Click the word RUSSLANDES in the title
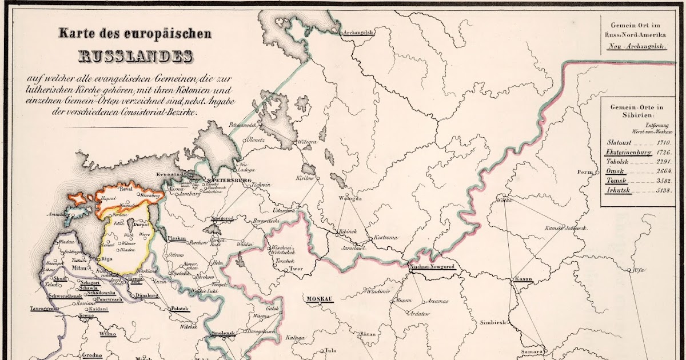pos(135,56)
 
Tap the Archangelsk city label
pos(358,33)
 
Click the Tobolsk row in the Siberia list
pos(618,162)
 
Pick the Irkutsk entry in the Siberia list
pos(618,190)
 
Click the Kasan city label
pos(523,279)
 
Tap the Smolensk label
pos(223,333)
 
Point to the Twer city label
pos(296,267)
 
